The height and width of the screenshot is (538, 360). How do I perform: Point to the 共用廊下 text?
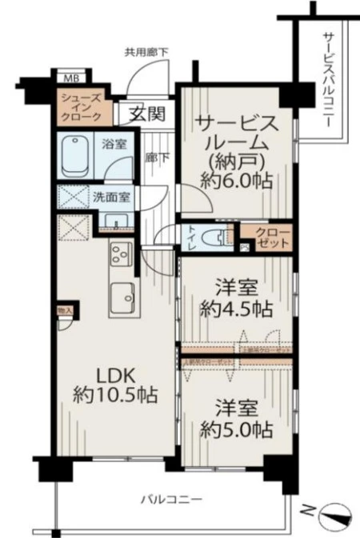146,53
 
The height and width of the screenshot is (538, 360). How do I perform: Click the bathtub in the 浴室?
78,157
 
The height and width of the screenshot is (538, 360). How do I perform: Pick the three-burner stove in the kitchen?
120,253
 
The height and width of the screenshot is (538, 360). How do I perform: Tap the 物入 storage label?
65,310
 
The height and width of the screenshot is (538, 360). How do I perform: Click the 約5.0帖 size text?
236,431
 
